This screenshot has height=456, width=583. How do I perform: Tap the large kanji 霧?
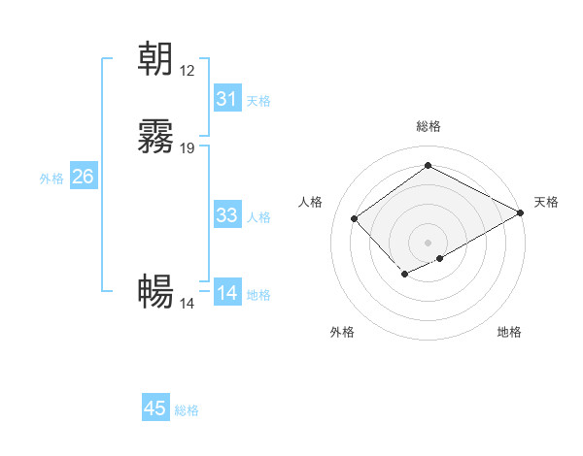155,138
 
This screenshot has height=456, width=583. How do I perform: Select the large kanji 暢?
155,292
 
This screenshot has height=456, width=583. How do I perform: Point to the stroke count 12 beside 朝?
188,71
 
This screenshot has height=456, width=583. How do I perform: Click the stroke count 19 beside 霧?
188,148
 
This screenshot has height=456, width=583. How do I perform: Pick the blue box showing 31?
226,99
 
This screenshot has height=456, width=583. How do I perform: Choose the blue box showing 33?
226,215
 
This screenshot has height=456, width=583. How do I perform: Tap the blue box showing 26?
83,177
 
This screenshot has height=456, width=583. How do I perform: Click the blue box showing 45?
155,408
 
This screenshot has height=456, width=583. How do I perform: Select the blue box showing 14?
226,293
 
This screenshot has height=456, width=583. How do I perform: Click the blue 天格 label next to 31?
258,101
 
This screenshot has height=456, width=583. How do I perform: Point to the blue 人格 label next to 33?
258,217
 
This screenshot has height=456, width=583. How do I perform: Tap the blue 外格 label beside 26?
51,179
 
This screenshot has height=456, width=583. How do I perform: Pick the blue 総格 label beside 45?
187,410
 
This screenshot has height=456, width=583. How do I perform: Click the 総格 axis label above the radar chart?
428,126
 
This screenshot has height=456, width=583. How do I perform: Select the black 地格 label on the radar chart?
509,333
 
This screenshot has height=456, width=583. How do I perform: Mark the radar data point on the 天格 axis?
521,212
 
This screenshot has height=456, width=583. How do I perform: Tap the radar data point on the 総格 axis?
428,166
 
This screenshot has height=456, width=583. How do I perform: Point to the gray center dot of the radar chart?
428,243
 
